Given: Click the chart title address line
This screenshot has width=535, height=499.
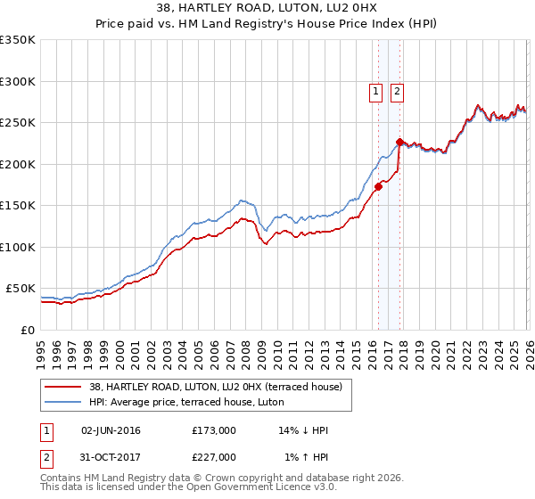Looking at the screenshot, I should (x=267, y=9).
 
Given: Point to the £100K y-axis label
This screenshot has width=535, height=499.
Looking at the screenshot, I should (x=18, y=247).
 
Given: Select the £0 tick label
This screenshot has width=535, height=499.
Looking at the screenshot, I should (x=28, y=330).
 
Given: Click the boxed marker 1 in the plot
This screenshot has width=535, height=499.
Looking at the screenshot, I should (x=375, y=90).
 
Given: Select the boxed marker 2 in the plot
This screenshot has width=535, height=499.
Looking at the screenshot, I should (x=396, y=90).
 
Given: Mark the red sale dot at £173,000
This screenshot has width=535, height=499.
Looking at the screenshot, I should (x=378, y=186).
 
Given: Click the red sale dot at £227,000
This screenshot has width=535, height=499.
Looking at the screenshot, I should (x=399, y=142).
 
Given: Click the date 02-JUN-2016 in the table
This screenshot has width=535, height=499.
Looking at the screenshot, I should (x=110, y=430).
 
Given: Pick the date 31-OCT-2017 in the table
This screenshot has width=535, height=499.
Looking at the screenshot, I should (x=110, y=457).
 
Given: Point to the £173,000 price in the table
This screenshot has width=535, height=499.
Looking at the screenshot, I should (x=214, y=430).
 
